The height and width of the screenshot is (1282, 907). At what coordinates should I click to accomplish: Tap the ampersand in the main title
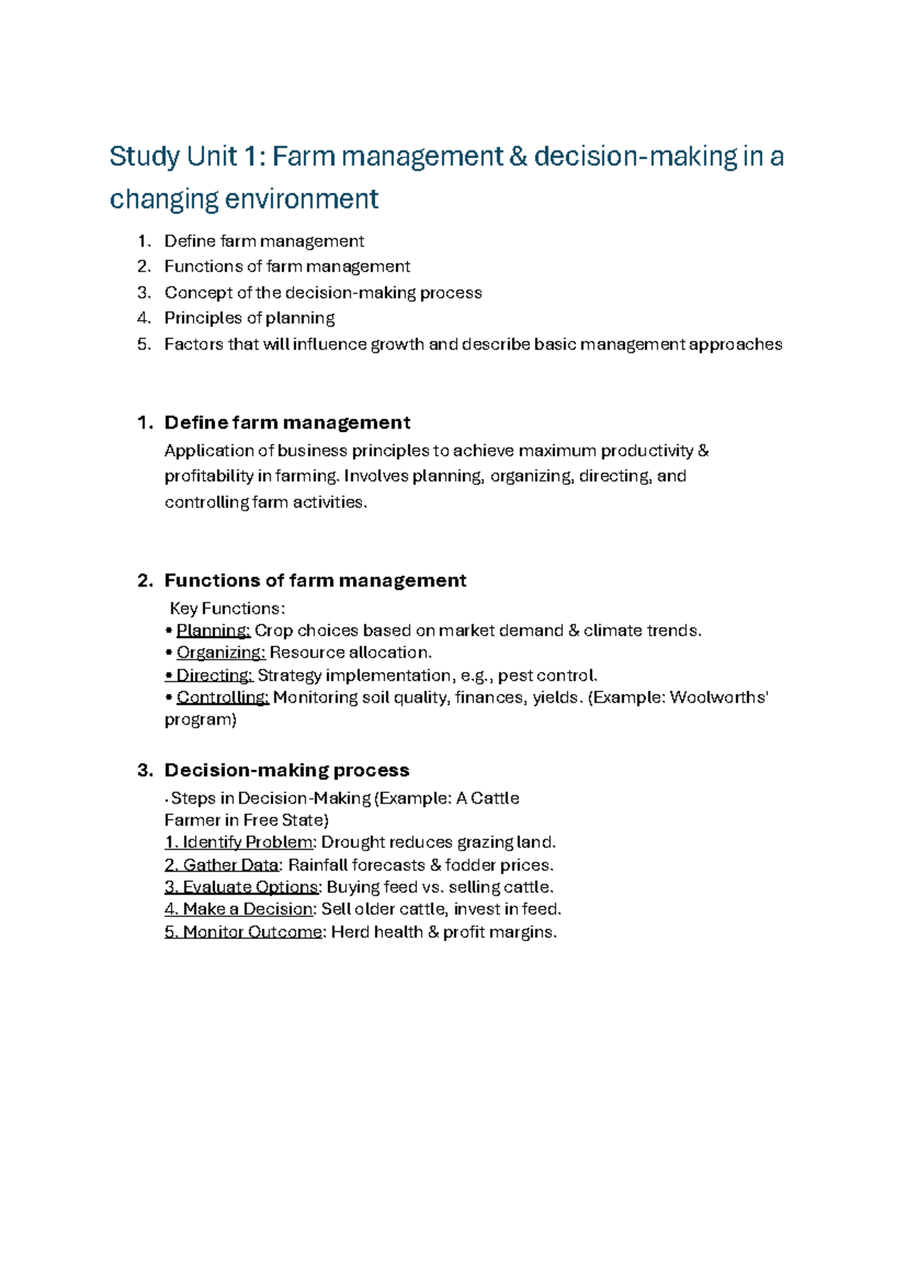[517, 157]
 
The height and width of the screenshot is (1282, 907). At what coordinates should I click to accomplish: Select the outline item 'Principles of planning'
[249, 318]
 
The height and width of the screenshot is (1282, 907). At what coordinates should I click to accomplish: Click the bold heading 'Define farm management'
[287, 423]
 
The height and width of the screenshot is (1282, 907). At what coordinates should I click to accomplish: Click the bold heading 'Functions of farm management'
[315, 581]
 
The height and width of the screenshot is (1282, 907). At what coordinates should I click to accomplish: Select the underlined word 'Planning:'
[213, 630]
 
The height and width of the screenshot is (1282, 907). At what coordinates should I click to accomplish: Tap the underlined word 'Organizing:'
[221, 652]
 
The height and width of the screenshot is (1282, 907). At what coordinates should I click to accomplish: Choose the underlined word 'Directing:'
[214, 675]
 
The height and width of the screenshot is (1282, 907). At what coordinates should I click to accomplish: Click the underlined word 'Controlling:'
[222, 697]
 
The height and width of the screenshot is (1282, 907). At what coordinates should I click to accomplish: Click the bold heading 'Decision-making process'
[287, 770]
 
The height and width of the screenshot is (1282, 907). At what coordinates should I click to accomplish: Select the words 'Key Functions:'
[228, 608]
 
